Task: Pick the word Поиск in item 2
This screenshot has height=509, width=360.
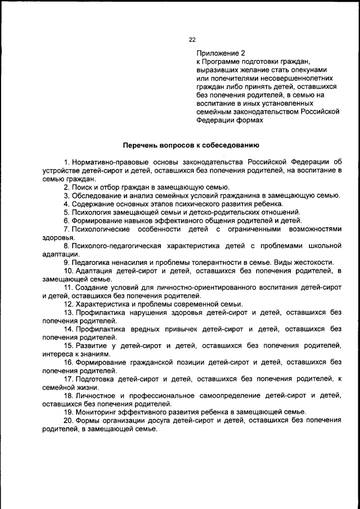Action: pos(81,187)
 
